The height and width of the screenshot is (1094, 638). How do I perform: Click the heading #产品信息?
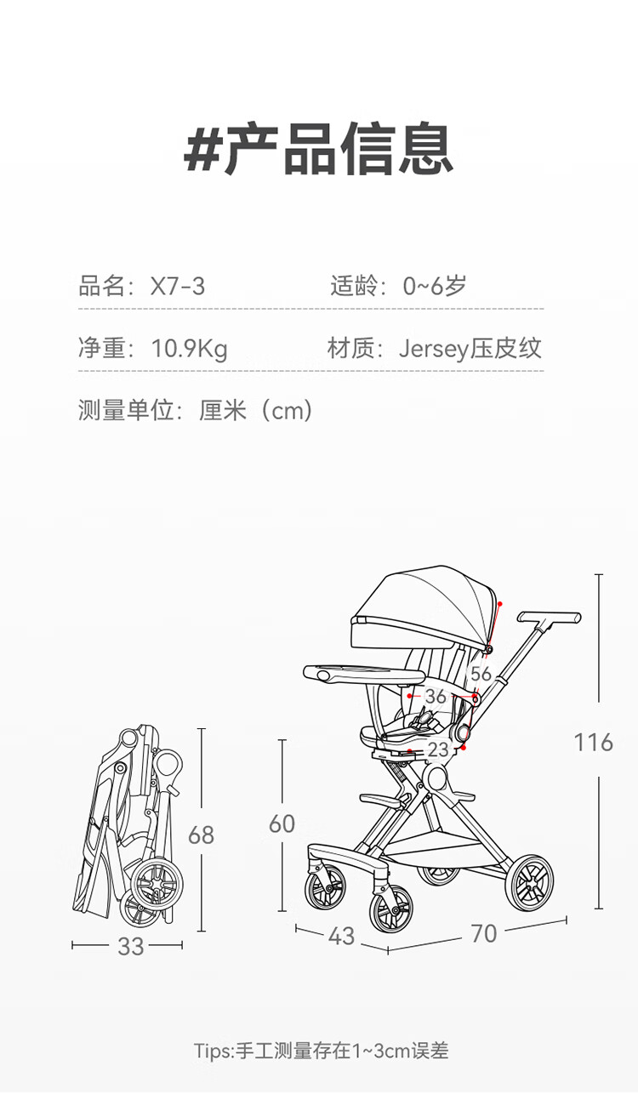[x=318, y=150]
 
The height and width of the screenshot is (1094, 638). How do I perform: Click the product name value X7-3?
[x=178, y=286]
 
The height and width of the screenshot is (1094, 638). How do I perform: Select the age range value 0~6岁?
[x=435, y=286]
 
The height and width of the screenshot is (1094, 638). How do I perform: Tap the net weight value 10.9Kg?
[x=189, y=349]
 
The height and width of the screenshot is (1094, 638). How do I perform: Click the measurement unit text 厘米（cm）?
[x=256, y=411]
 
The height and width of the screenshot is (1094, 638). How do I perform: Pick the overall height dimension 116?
[x=593, y=743]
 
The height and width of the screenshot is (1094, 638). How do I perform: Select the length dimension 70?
[x=483, y=933]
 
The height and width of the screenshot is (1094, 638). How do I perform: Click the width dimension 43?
[x=341, y=936]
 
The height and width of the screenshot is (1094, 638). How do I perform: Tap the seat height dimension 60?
[x=282, y=823]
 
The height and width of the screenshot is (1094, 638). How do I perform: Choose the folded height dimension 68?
[x=201, y=835]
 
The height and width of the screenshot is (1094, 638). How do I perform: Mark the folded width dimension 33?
[x=130, y=946]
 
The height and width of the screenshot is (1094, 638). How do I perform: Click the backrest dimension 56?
[x=481, y=674]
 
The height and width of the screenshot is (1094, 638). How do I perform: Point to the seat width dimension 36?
[x=436, y=697]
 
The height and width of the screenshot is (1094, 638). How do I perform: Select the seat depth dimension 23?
[x=438, y=749]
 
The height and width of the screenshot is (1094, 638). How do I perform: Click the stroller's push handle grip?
[x=550, y=616]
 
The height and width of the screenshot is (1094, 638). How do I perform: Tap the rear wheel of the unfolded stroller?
[x=529, y=881]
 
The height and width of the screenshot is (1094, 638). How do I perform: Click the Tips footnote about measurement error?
[x=321, y=1051]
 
